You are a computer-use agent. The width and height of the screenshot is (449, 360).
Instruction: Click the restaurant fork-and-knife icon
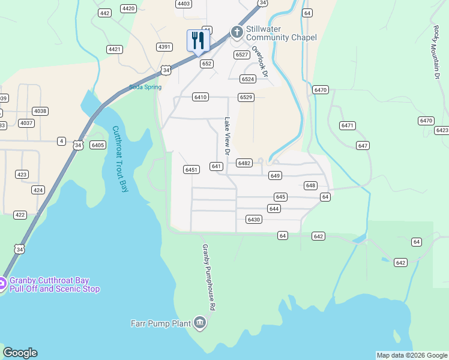[197, 41]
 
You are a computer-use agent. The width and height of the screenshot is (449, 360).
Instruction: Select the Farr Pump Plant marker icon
[200, 324]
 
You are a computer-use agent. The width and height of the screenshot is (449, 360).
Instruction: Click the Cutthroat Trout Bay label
[121, 159]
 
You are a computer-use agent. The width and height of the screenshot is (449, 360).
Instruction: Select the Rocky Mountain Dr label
[435, 52]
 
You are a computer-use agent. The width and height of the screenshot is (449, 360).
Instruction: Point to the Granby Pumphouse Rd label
[208, 277]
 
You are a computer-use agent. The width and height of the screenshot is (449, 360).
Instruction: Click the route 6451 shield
[191, 170]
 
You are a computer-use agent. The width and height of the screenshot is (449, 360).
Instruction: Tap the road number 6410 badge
[200, 97]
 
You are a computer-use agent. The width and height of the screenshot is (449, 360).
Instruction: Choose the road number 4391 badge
[164, 46]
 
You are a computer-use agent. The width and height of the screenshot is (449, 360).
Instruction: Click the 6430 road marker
[254, 220]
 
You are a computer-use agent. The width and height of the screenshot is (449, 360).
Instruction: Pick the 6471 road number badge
[348, 125]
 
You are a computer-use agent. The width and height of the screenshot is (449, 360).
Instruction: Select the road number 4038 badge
[40, 111]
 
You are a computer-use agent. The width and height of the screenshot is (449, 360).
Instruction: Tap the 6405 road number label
[98, 145]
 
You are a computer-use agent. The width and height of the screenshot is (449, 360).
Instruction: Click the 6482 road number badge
[244, 163]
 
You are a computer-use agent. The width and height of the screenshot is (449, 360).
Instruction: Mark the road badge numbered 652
[207, 63]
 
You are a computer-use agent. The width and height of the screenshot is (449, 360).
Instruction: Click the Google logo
[20, 353]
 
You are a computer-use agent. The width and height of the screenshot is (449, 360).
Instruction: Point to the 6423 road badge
[442, 130]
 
